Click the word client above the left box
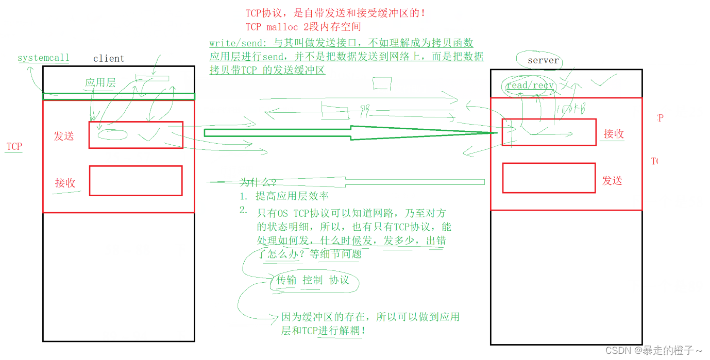click(x=109, y=59)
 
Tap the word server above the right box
click(x=543, y=61)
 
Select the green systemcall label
click(x=43, y=58)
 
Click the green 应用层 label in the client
click(x=100, y=82)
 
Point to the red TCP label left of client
click(x=14, y=147)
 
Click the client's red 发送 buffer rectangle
click(x=136, y=135)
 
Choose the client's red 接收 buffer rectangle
click(x=136, y=181)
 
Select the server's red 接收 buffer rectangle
click(x=549, y=132)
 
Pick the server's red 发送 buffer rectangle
click(x=549, y=178)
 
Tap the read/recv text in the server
click(x=530, y=85)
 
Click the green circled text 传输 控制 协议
click(x=313, y=280)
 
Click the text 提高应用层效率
click(x=292, y=196)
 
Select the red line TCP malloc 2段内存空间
click(x=303, y=27)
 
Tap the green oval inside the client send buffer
click(x=112, y=135)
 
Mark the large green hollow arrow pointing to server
click(x=345, y=133)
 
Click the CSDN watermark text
click(x=654, y=351)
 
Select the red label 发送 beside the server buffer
click(x=612, y=181)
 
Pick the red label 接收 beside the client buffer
click(x=65, y=183)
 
